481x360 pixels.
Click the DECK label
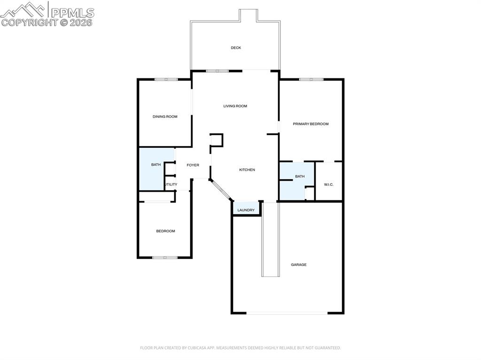point(236,48)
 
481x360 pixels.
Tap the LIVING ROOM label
point(235,106)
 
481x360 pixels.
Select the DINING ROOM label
point(165,116)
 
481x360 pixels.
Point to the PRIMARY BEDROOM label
point(310,124)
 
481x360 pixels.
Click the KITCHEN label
point(247,170)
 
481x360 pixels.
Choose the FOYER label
point(193,165)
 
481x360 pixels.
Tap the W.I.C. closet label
point(329,184)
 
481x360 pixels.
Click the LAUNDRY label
point(246,210)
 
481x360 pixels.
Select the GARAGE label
point(299,265)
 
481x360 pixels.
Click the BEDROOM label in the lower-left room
point(165,231)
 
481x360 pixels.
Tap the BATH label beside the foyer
point(156,165)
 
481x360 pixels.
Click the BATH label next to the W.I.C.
point(300,176)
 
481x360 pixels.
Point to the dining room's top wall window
point(166,79)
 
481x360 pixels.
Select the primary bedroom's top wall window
point(311,79)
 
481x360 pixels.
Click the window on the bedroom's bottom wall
point(165,257)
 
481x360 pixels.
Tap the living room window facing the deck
point(217,71)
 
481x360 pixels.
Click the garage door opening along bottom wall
point(287,313)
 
